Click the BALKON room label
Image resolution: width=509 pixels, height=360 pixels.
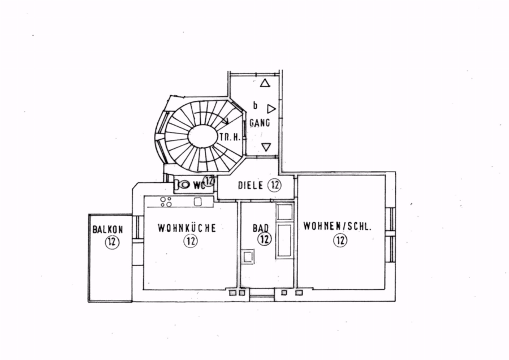(108, 229)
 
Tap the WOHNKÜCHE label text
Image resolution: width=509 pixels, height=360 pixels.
(187, 228)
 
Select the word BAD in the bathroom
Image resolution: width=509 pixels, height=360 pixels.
(261, 228)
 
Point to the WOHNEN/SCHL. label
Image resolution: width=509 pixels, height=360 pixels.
(337, 226)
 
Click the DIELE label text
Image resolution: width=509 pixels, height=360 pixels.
(251, 185)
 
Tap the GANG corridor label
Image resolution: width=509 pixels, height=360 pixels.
(260, 123)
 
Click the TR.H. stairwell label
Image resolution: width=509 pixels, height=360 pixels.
(230, 137)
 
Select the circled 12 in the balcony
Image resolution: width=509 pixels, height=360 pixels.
(112, 242)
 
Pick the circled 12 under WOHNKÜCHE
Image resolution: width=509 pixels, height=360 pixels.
(191, 241)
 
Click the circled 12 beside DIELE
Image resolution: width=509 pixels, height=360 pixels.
(275, 185)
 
